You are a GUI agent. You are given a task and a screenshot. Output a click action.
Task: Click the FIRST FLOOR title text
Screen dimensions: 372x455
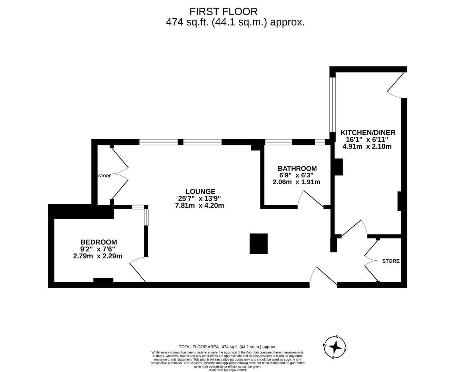point(223,11)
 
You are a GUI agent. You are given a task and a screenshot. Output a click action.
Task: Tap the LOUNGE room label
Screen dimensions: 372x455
point(200,192)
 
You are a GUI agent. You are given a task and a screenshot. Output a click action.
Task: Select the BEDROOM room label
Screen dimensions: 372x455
point(99,242)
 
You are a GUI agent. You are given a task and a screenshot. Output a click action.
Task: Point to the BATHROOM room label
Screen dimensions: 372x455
point(297,168)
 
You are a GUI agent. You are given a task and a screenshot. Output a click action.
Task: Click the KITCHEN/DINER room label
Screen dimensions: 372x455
point(368,132)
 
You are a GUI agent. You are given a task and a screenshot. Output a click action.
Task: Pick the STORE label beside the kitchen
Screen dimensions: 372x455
point(390,261)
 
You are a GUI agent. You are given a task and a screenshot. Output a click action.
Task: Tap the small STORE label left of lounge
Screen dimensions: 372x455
point(105,176)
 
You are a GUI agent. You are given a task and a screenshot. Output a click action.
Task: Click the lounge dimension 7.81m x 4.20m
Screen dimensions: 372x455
point(200,206)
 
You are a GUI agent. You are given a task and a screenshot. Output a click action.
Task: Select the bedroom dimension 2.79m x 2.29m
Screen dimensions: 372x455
point(98,256)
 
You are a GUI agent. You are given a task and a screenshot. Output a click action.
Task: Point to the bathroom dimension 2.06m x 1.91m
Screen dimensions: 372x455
point(296,182)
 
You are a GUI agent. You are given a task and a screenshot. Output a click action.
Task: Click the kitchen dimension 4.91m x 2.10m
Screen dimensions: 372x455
point(367,146)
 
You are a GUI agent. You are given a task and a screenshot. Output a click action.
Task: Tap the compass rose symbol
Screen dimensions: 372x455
point(335,347)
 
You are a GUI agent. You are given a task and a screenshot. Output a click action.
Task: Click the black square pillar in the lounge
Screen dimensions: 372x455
point(258,244)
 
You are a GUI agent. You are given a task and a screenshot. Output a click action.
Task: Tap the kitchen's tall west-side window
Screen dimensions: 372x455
point(332,105)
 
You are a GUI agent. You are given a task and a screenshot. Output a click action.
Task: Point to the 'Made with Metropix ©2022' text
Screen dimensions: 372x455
point(228,370)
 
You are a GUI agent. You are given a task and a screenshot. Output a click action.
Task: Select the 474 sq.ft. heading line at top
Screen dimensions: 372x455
point(235,22)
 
